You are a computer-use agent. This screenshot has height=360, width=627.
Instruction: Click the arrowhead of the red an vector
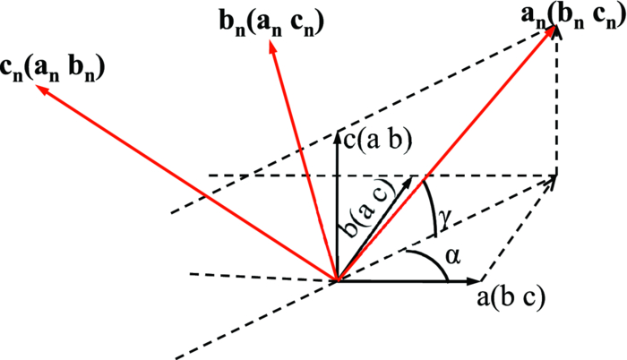553,31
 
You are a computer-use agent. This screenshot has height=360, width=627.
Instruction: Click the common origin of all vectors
337,281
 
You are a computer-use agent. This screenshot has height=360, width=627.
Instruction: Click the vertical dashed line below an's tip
557,107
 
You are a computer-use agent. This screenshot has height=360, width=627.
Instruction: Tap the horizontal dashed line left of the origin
260,275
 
